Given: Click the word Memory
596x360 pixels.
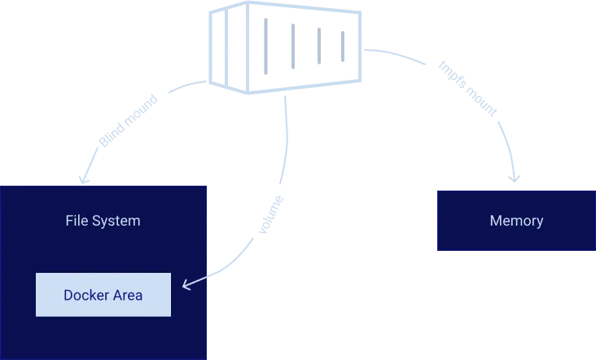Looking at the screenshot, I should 516,221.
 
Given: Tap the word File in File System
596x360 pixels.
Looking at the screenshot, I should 77,221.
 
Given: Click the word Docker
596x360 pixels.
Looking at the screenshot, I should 85,295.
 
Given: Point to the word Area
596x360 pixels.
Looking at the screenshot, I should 126,295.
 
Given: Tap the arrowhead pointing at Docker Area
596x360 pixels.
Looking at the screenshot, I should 186,284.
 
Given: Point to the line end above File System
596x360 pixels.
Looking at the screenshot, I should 83,177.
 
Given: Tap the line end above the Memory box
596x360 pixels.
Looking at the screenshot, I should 515,176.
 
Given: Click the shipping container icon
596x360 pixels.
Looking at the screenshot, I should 285,46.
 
